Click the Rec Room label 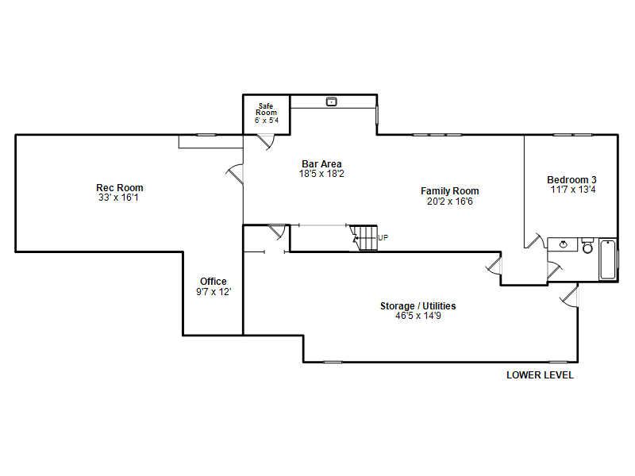coord(120,188)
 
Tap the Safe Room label coord(266,109)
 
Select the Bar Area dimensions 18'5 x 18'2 coord(321,174)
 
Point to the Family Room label coord(449,191)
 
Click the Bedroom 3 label coord(571,180)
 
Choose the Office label coord(213,282)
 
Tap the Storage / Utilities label coord(418,306)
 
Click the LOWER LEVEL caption coord(540,375)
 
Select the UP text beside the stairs coord(383,237)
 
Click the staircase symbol coord(364,238)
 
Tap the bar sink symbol coord(331,102)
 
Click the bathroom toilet coord(587,246)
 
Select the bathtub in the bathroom coord(608,259)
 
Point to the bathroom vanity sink coord(563,244)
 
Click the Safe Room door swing coord(266,142)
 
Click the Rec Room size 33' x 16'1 coord(118,198)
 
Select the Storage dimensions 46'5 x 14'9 coord(418,316)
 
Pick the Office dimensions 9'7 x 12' coord(214,292)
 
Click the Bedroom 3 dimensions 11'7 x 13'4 coord(572,190)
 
